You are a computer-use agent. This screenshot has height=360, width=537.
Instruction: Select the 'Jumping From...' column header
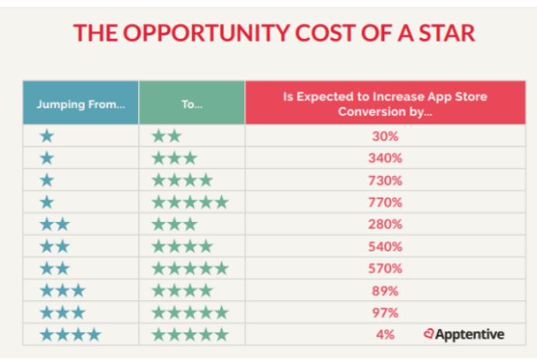[81, 103]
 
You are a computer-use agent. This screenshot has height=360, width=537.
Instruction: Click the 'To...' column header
[192, 103]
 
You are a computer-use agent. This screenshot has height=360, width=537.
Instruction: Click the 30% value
[386, 137]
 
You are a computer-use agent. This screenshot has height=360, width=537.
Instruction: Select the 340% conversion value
[386, 158]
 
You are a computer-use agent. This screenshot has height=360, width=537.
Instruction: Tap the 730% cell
[386, 181]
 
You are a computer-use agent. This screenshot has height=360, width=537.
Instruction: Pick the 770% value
[386, 202]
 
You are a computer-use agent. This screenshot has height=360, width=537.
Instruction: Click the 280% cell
[386, 225]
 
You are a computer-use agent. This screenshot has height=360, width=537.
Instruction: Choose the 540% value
[386, 247]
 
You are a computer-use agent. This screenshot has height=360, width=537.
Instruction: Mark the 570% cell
[386, 268]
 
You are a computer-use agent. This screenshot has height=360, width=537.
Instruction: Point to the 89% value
[386, 291]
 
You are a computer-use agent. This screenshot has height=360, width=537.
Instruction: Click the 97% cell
[386, 313]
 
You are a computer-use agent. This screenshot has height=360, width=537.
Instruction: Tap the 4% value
[386, 334]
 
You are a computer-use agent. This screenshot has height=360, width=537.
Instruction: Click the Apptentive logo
[464, 334]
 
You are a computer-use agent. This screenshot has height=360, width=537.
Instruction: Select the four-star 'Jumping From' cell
[70, 335]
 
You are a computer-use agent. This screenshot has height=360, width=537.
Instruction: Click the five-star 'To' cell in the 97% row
[190, 313]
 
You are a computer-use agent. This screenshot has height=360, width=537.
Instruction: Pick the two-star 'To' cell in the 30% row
[166, 137]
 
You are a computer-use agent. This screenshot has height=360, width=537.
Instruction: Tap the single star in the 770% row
[47, 202]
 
